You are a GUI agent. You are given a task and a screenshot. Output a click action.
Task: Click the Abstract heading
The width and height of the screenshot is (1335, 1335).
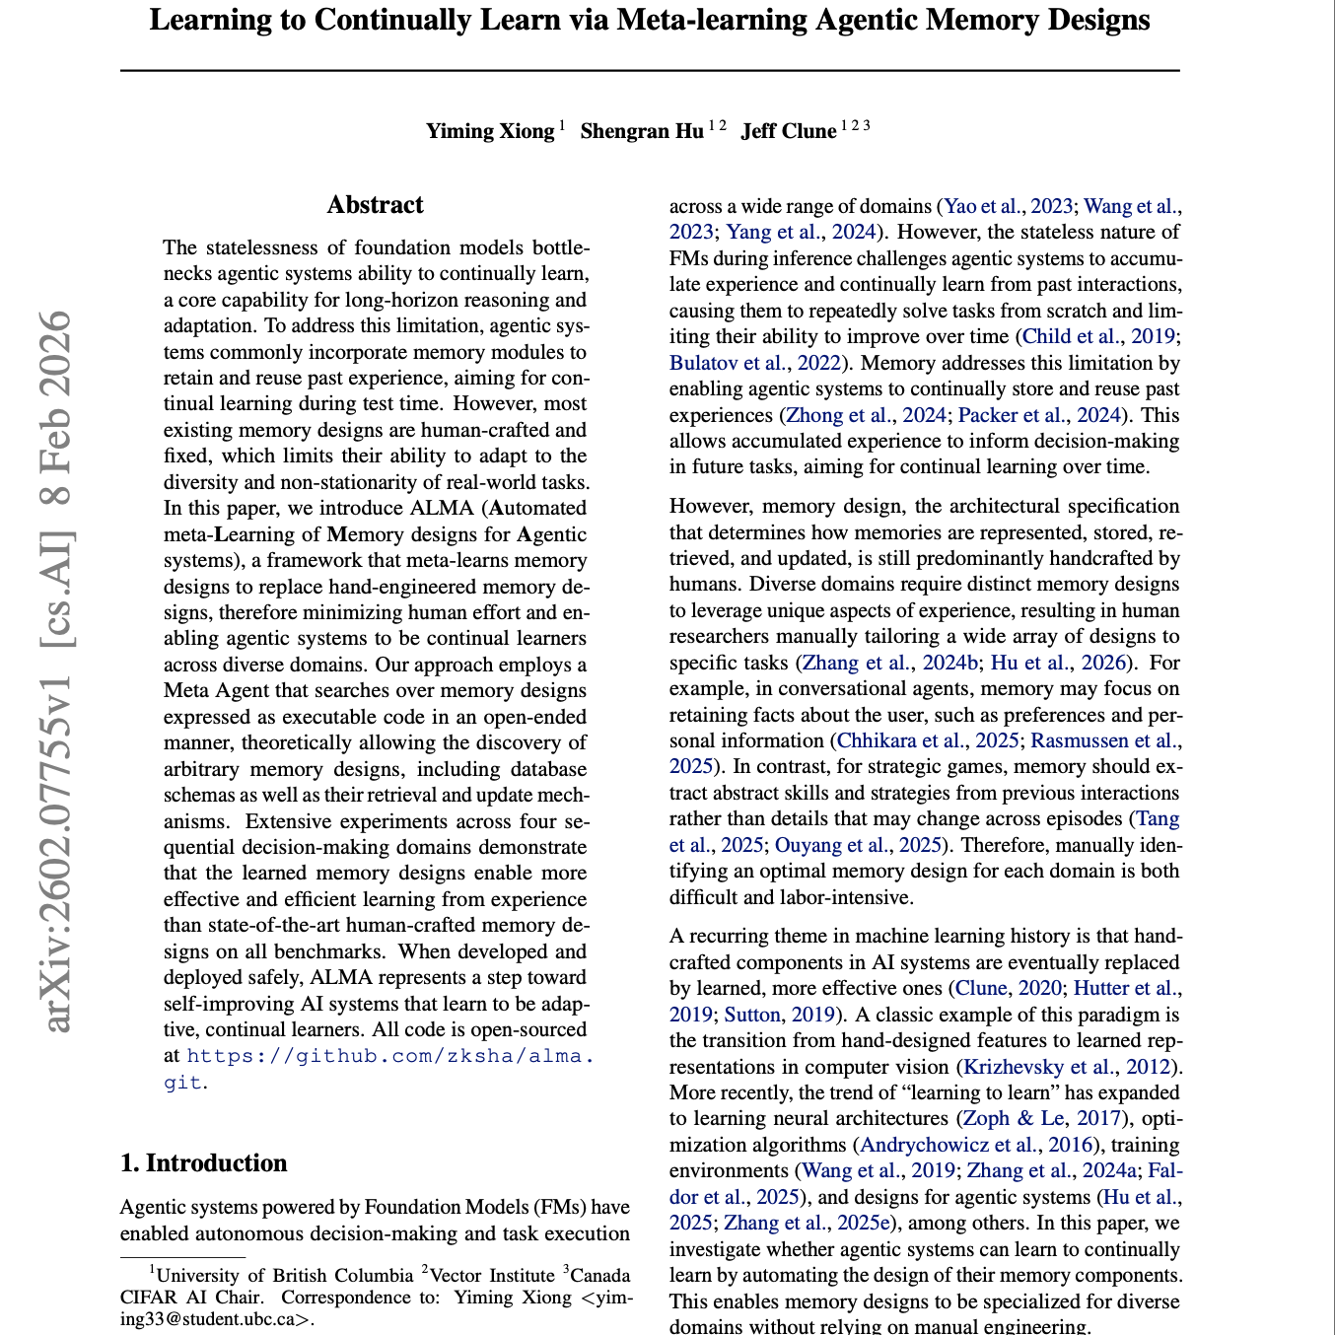click(375, 205)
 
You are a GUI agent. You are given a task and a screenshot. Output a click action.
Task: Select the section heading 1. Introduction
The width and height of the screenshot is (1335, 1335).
click(203, 1163)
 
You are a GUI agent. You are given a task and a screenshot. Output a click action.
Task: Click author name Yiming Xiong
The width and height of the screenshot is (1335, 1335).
click(490, 131)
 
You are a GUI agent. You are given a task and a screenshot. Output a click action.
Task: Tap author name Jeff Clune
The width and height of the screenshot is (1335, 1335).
click(788, 131)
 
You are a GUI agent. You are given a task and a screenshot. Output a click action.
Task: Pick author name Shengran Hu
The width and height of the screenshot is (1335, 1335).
click(642, 131)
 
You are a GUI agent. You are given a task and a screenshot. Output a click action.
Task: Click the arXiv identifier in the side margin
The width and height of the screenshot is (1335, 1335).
click(59, 670)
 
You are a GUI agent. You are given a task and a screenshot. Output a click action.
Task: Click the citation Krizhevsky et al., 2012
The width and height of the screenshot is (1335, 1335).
click(1069, 1067)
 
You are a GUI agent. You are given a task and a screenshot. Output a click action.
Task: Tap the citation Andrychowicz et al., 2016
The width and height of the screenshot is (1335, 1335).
click(976, 1145)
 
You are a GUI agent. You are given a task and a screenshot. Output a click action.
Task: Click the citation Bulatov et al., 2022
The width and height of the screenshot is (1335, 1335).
click(755, 363)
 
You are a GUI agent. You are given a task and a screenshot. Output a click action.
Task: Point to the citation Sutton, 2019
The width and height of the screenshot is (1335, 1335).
click(779, 1015)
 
